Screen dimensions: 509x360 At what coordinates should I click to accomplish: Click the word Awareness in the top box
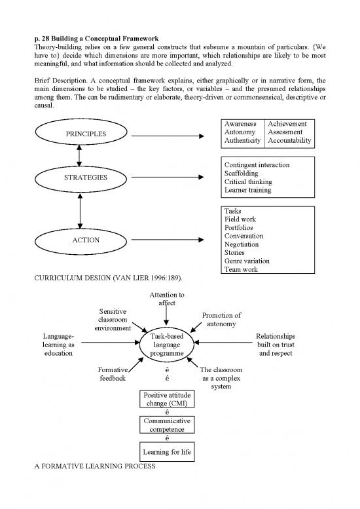coord(240,124)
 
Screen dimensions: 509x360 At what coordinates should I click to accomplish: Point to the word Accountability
coord(290,141)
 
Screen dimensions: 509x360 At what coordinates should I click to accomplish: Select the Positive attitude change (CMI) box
coord(166,399)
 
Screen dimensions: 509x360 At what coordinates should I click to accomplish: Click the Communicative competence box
coord(166,426)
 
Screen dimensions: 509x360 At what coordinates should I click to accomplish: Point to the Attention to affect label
coord(166,299)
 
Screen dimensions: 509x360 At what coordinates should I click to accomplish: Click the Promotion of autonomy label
coord(222,320)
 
